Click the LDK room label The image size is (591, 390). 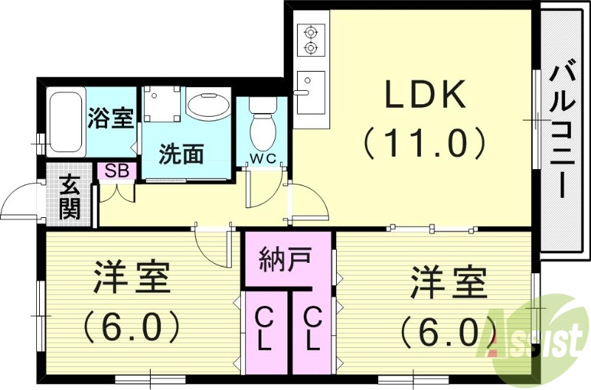point(423,96)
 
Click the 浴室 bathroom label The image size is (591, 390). point(111,118)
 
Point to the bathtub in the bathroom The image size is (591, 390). point(66,123)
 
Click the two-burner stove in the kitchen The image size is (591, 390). point(310,41)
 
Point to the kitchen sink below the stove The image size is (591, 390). point(311,91)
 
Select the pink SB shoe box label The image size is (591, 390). point(117,171)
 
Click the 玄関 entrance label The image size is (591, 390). point(70,198)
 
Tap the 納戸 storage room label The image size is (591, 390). point(284,260)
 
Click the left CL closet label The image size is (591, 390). point(264,330)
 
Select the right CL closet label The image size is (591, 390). point(312,330)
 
